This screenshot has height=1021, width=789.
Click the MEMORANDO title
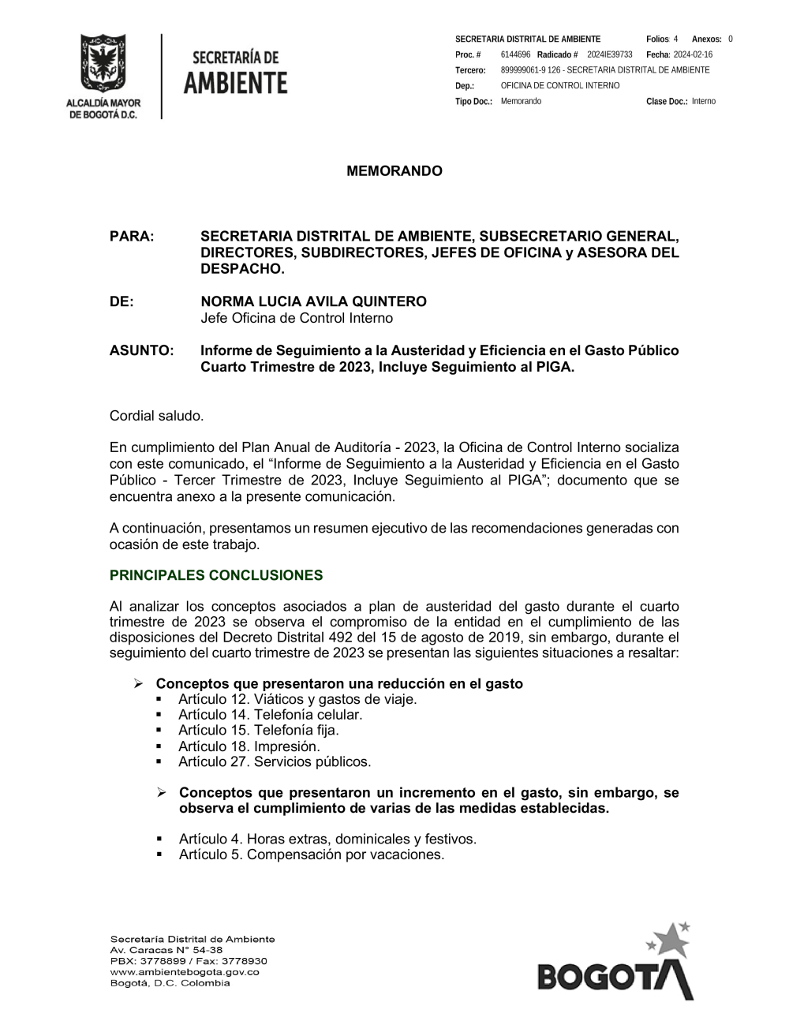394,171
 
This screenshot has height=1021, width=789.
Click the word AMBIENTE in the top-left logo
235,82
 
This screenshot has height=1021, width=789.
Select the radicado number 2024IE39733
610,54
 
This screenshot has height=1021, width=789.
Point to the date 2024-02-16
693,54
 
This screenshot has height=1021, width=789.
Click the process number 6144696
515,54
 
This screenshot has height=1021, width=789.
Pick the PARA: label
132,237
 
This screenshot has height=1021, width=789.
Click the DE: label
122,301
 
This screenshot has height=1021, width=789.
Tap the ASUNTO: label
141,350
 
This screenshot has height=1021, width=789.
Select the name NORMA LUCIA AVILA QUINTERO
313,301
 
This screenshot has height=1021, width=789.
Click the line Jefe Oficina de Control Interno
296,318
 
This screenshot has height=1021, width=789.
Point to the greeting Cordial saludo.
156,416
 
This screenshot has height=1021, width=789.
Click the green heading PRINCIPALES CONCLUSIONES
216,575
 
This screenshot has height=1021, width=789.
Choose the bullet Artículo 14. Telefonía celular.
270,715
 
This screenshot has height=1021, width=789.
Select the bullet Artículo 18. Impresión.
249,746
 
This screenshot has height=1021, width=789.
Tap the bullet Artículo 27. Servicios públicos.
274,762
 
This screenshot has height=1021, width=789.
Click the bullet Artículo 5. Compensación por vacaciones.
311,855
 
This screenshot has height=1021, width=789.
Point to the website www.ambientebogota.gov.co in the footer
185,972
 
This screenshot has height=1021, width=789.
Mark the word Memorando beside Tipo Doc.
521,102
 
